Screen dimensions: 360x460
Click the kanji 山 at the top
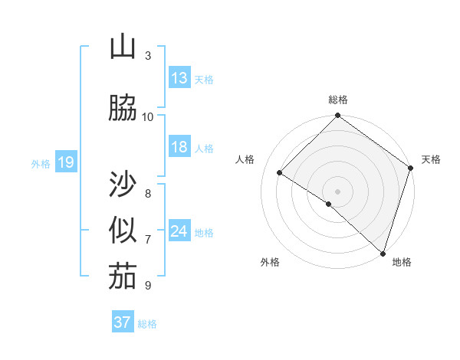(122, 48)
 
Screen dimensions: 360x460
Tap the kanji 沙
(122, 185)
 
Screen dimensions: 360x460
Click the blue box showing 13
(179, 78)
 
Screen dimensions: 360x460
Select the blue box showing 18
(179, 147)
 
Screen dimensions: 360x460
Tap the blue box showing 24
(179, 231)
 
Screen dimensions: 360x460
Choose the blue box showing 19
(65, 162)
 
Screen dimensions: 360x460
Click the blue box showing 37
(122, 322)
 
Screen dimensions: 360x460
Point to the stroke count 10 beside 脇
(148, 116)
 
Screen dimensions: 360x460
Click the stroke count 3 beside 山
(148, 55)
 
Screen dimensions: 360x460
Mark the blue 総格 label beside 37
(147, 324)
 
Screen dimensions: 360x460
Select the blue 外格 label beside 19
(41, 163)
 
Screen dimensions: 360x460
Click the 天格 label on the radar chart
(431, 159)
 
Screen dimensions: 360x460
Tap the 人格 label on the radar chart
(245, 159)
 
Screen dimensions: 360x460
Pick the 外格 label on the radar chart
(270, 262)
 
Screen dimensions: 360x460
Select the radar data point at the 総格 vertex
(337, 116)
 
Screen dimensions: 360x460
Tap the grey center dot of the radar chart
(337, 191)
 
